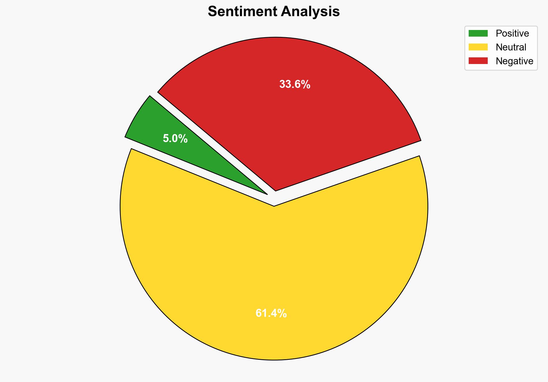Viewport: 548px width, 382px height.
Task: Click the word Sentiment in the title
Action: tap(243, 12)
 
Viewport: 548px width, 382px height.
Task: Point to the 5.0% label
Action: tap(175, 139)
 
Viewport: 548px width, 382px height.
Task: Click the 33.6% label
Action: tap(294, 84)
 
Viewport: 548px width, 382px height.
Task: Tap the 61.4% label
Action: tap(271, 313)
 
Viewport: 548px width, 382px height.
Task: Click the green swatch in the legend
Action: tap(478, 33)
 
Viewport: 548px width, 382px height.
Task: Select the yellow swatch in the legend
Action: tap(478, 47)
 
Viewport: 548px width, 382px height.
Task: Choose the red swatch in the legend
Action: tap(478, 61)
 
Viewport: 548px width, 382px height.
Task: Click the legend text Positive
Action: tap(512, 33)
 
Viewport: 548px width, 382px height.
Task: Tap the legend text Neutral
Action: tap(511, 47)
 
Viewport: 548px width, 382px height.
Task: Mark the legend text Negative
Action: tap(514, 61)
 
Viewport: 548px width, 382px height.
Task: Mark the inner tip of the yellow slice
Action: tap(274, 206)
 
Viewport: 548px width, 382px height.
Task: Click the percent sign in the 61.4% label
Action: tap(282, 313)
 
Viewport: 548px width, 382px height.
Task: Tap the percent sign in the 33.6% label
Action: tap(306, 84)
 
